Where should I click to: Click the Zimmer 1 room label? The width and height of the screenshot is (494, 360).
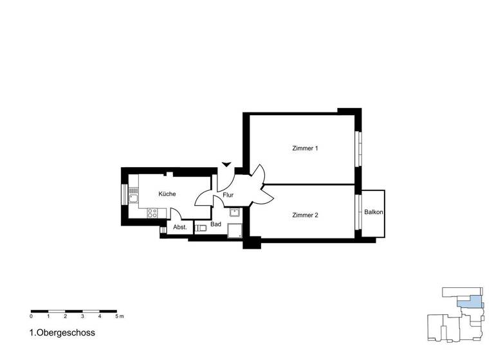pyautogui.click(x=305, y=148)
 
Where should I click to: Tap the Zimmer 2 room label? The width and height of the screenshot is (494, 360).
pyautogui.click(x=305, y=215)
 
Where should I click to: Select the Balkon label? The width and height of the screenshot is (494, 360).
pyautogui.click(x=374, y=212)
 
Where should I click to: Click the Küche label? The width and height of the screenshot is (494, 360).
pyautogui.click(x=167, y=194)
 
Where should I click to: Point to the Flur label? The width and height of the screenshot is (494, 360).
pyautogui.click(x=228, y=195)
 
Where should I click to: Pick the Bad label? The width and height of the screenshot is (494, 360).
pyautogui.click(x=215, y=224)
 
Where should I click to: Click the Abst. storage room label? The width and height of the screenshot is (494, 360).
pyautogui.click(x=180, y=228)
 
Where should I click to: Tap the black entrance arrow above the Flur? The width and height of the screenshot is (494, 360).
pyautogui.click(x=226, y=165)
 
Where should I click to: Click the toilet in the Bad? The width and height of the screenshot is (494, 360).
pyautogui.click(x=201, y=228)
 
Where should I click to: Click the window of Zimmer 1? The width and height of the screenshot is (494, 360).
pyautogui.click(x=358, y=148)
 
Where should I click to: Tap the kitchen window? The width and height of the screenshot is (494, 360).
pyautogui.click(x=124, y=194)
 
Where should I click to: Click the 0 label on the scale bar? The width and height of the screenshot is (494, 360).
pyautogui.click(x=31, y=317)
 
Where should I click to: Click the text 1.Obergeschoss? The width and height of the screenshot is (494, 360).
pyautogui.click(x=62, y=334)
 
